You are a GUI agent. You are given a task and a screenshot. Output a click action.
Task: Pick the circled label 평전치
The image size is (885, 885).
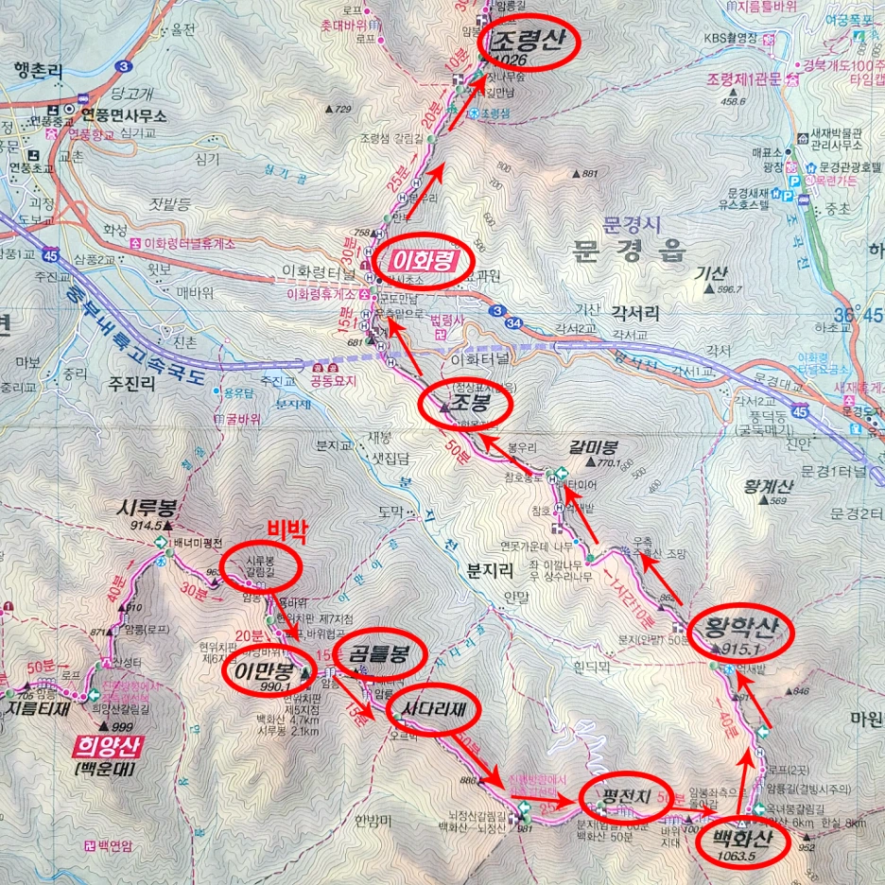pos(626,795)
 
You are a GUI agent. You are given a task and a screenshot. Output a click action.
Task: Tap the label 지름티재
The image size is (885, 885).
pos(41,704)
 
